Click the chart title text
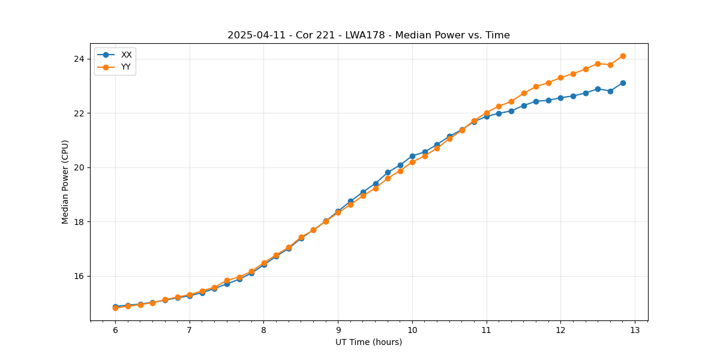[x=368, y=35]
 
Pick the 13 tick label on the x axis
[x=635, y=331]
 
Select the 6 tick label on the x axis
[x=115, y=331]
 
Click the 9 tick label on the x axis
[x=338, y=331]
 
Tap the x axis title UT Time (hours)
[x=368, y=343]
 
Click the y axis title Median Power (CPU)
[x=65, y=182]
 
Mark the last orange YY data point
[x=623, y=56]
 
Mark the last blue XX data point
[x=623, y=83]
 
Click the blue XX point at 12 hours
[x=560, y=98]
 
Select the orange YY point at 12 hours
[x=560, y=77]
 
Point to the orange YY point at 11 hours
[x=487, y=113]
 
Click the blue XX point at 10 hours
[x=412, y=156]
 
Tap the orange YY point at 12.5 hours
[x=598, y=64]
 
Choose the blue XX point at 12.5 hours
[x=598, y=89]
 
